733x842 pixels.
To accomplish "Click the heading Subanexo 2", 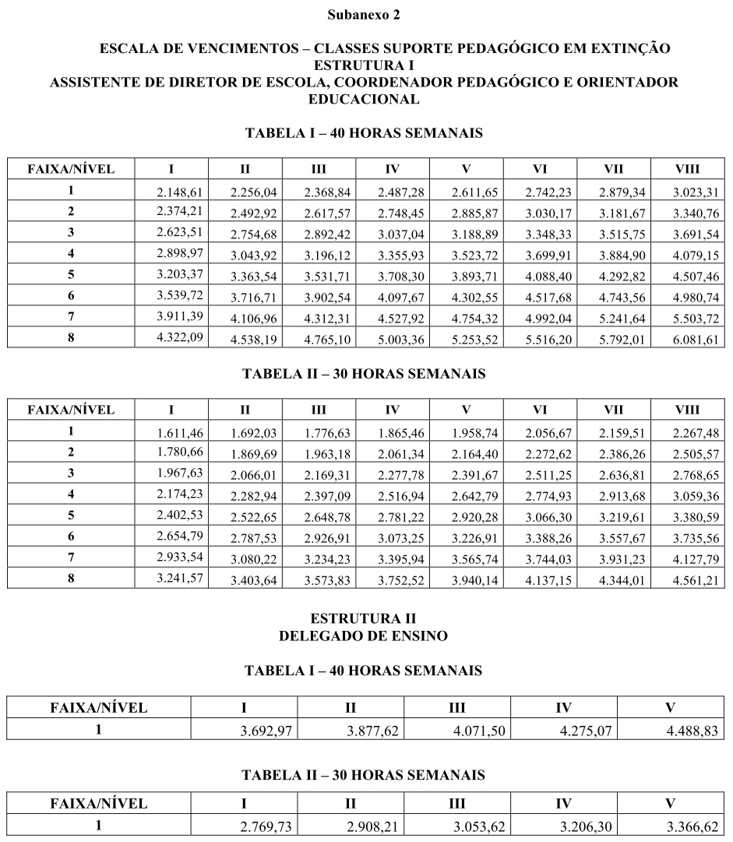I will coord(364,14).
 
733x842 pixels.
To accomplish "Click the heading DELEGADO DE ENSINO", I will coord(364,636).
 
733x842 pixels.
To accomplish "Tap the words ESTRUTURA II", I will coord(364,618).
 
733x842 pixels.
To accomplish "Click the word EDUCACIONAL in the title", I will coord(364,99).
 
